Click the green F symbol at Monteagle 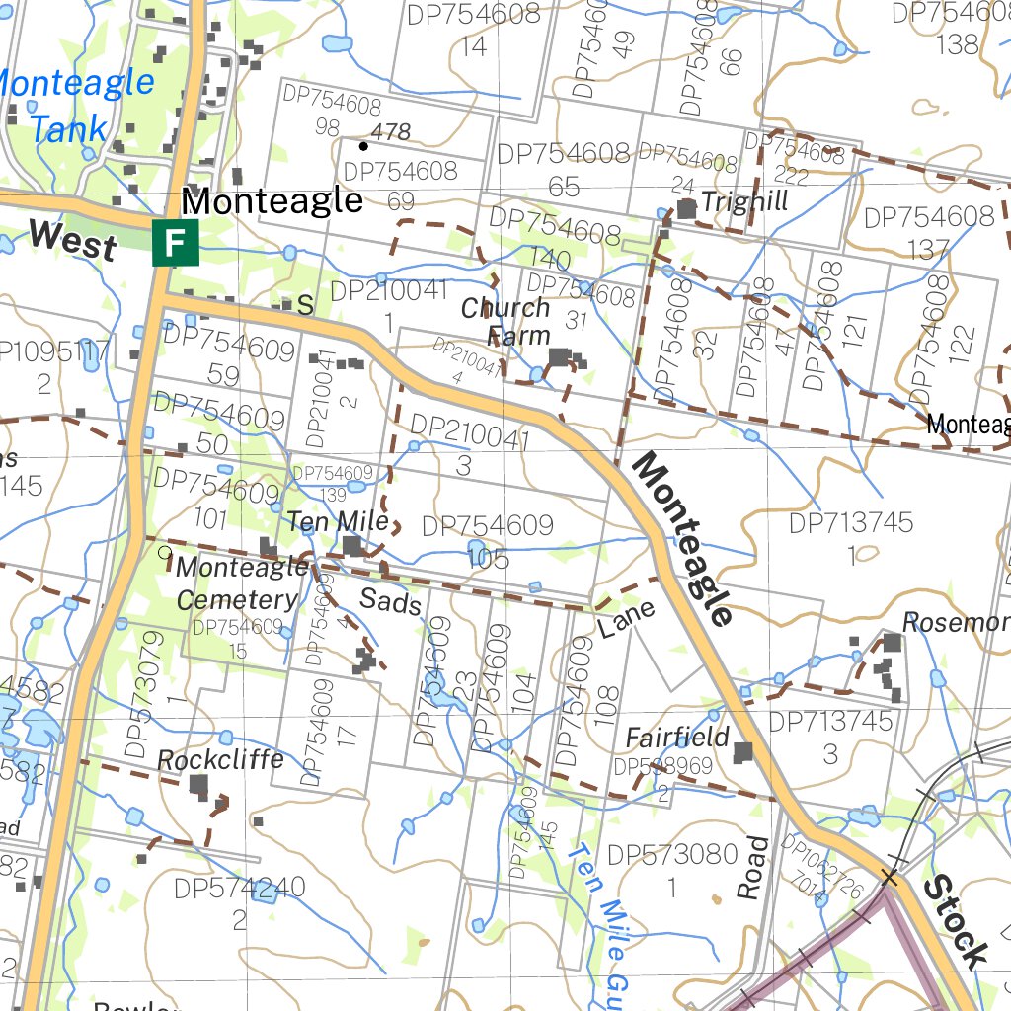tap(176, 243)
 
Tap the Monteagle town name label tap(272, 201)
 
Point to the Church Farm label tap(505, 322)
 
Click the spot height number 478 tap(390, 131)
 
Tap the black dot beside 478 tap(363, 146)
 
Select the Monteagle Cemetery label tap(240, 583)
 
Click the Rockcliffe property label tap(220, 759)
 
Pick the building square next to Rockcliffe tap(198, 785)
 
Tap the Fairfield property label tap(677, 737)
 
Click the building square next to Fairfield tap(742, 752)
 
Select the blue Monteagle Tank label tap(73, 105)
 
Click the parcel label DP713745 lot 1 tap(851, 523)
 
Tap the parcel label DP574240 tap(240, 888)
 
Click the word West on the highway tap(71, 240)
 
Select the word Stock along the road tap(956, 921)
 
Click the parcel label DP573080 tap(672, 855)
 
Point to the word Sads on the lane tap(390, 599)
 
